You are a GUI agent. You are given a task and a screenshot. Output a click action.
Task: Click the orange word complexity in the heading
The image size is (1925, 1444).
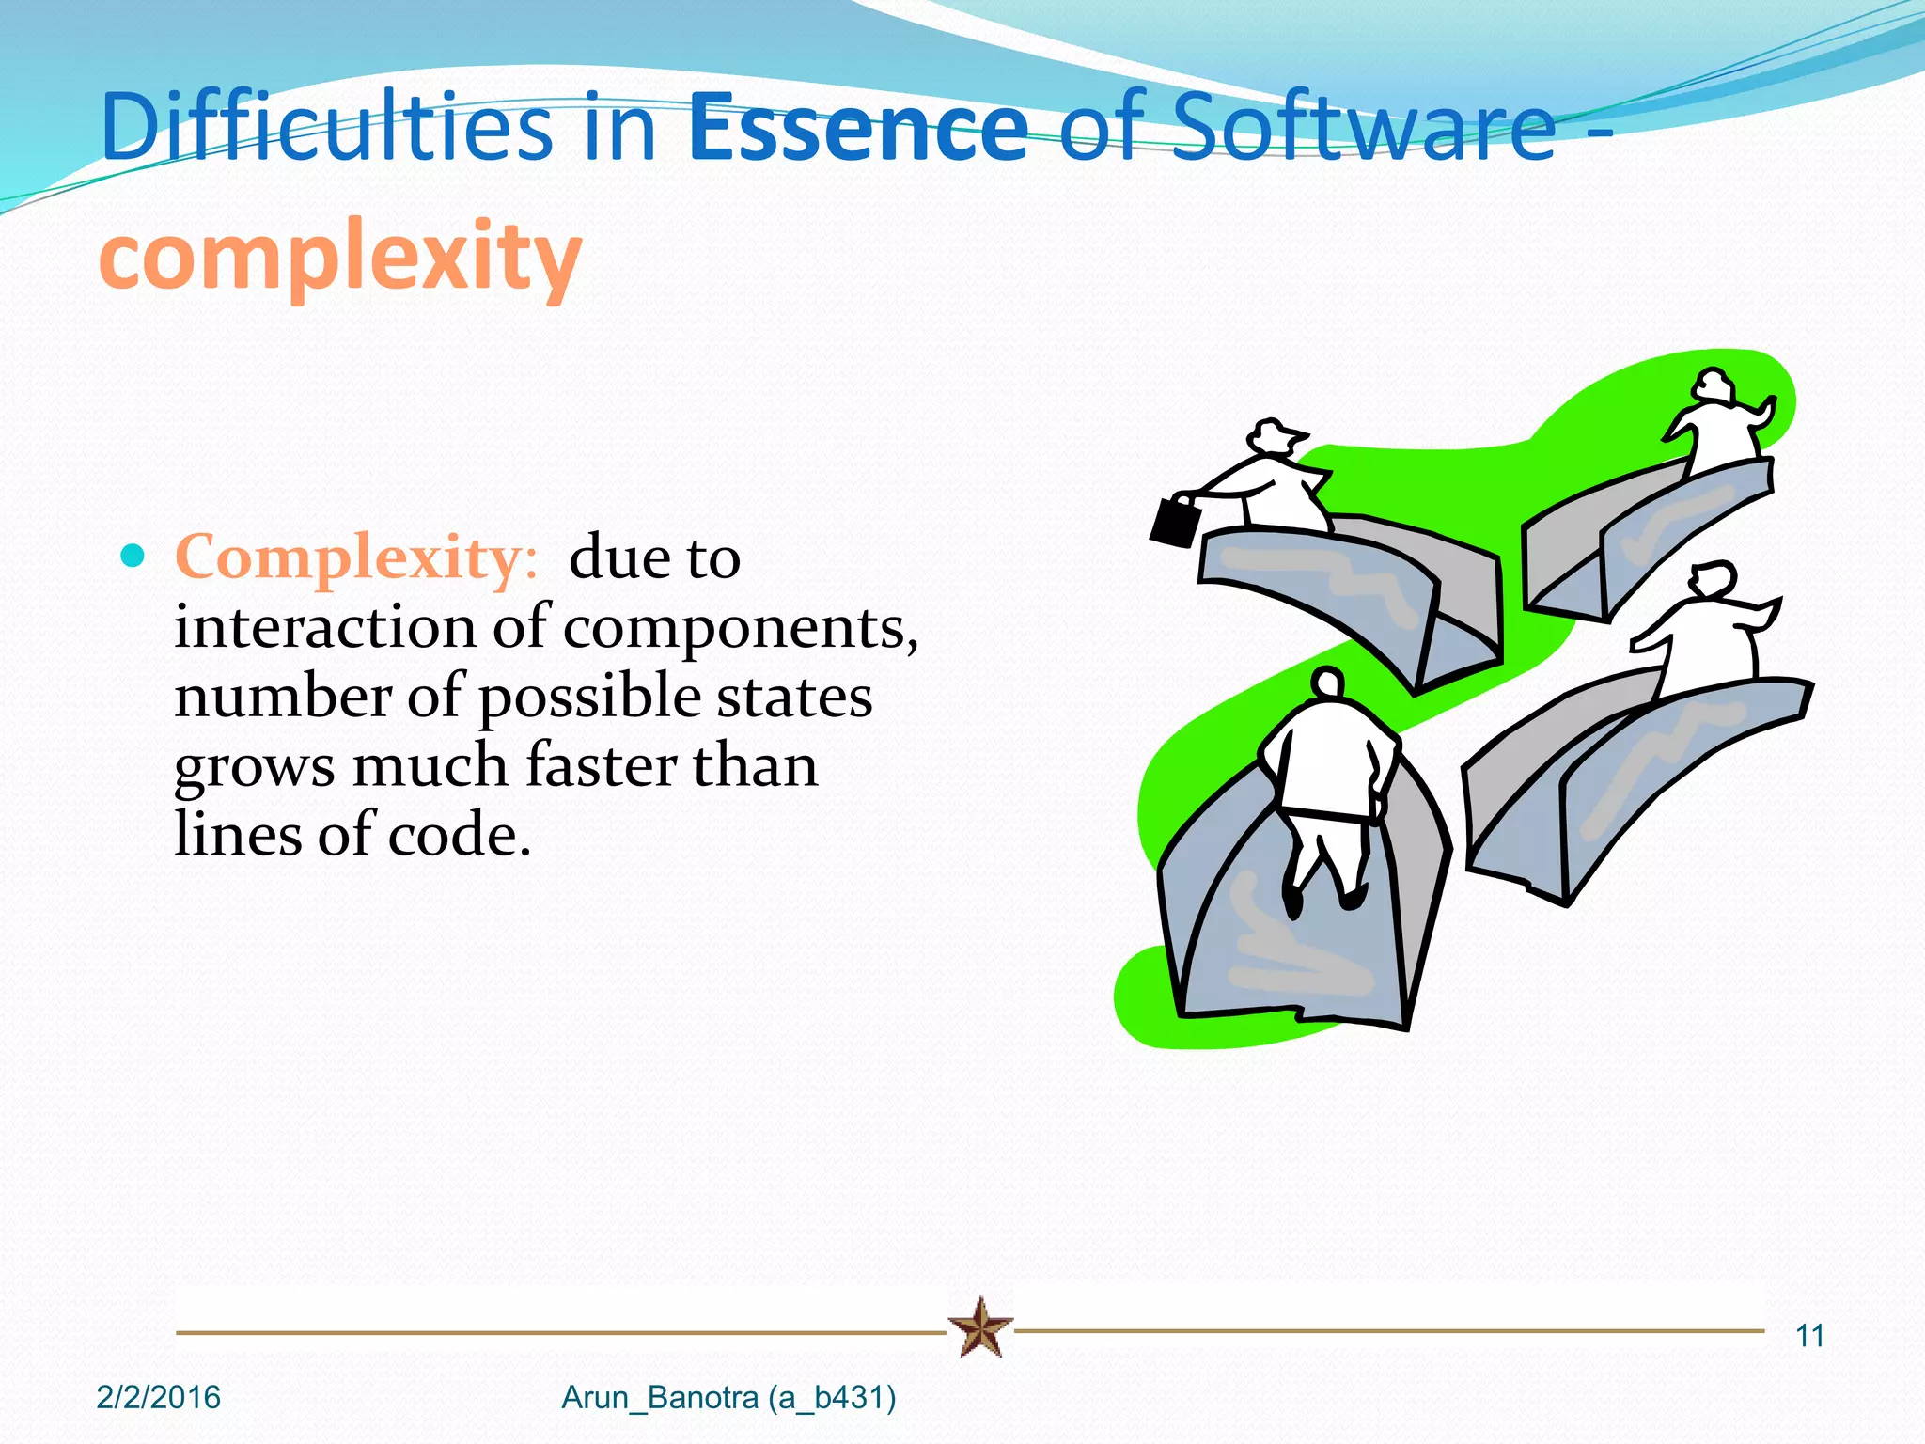coord(340,256)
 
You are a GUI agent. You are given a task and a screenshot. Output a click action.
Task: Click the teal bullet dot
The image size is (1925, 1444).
coord(133,556)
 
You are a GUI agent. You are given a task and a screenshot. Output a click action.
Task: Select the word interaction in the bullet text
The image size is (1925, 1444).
coord(325,627)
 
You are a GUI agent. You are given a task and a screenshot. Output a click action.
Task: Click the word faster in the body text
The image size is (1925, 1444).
coord(601,764)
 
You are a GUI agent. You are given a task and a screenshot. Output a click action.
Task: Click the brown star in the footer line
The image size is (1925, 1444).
coord(980,1327)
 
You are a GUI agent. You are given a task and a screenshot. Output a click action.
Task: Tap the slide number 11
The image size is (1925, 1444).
coord(1809,1336)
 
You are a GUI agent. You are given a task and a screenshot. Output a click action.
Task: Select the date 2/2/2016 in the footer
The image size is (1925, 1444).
coord(159,1398)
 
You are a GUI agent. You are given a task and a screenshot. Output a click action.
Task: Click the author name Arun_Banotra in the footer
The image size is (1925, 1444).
coord(659,1398)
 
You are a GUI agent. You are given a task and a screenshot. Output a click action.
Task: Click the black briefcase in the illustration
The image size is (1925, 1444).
coord(1174,520)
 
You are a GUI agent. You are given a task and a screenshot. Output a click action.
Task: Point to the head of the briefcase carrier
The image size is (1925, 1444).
coord(1274,436)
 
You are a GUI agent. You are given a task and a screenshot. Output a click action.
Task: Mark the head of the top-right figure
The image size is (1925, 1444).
coord(1713,385)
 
